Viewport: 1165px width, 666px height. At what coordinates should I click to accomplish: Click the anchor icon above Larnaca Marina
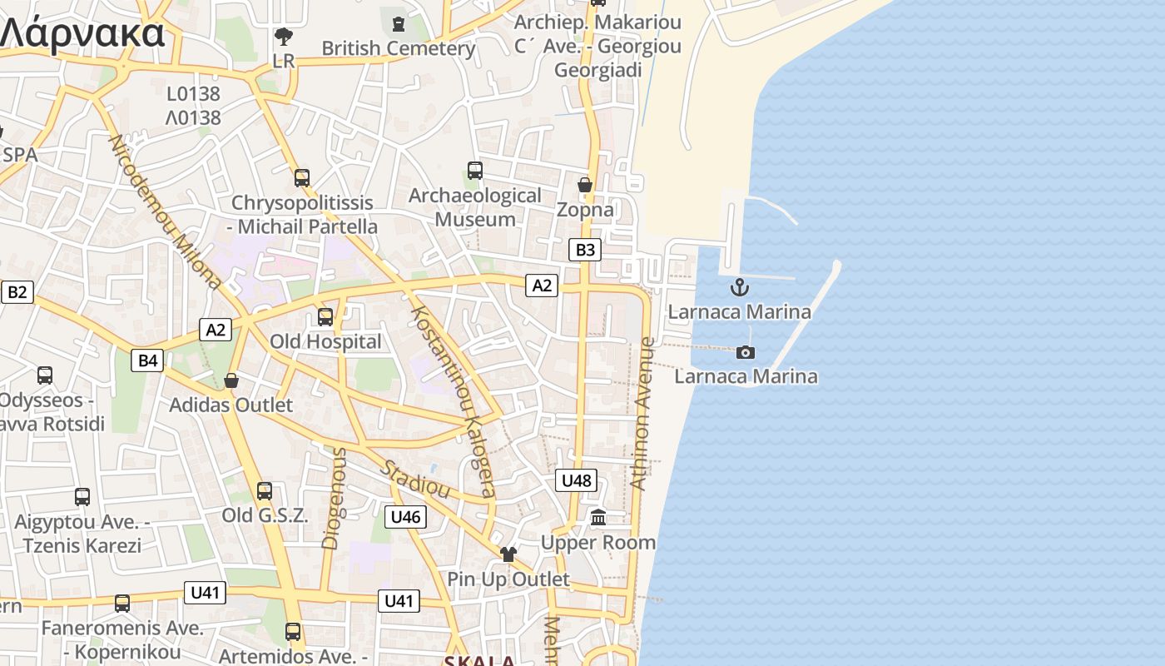point(739,288)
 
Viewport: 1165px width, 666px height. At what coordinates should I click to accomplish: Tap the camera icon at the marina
point(746,352)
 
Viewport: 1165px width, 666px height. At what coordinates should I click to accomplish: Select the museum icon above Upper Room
point(598,518)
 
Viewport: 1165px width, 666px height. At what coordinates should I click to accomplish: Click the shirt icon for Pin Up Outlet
point(508,554)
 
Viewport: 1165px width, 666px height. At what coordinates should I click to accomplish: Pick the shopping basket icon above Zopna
point(585,185)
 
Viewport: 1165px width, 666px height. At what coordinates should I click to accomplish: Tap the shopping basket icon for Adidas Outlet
point(231,380)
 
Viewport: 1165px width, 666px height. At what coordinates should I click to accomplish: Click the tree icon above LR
point(284,37)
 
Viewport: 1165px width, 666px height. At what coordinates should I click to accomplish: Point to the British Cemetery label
point(399,48)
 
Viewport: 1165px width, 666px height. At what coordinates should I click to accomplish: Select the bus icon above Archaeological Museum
point(475,171)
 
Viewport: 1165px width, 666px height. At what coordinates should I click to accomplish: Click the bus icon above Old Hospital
point(325,316)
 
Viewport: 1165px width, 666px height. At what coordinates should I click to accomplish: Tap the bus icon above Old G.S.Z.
point(265,491)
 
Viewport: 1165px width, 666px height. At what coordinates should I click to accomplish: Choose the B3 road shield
point(585,249)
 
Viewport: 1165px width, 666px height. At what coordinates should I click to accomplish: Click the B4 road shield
point(147,360)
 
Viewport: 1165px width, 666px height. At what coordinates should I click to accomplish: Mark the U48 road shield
point(576,480)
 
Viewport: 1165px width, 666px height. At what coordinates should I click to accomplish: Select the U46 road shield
point(405,516)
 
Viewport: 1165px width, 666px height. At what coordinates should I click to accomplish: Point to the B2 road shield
point(17,291)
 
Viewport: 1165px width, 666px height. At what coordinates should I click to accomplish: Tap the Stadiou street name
point(415,479)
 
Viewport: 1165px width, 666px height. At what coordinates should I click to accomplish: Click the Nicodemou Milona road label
point(165,211)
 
